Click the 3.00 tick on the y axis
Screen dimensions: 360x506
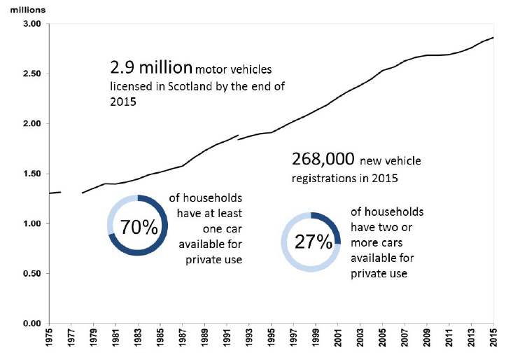click(32, 24)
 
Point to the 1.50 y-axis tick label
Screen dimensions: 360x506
click(32, 174)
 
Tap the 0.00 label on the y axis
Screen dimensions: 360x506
click(32, 324)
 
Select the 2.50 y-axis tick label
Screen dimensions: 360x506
click(32, 74)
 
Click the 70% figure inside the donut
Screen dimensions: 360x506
click(138, 228)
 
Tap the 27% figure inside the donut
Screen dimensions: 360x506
click(312, 242)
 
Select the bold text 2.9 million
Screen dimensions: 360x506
click(150, 68)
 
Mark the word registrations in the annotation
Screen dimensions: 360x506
click(324, 178)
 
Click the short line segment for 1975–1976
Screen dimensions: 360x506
click(55, 193)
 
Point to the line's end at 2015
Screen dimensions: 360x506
click(493, 37)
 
